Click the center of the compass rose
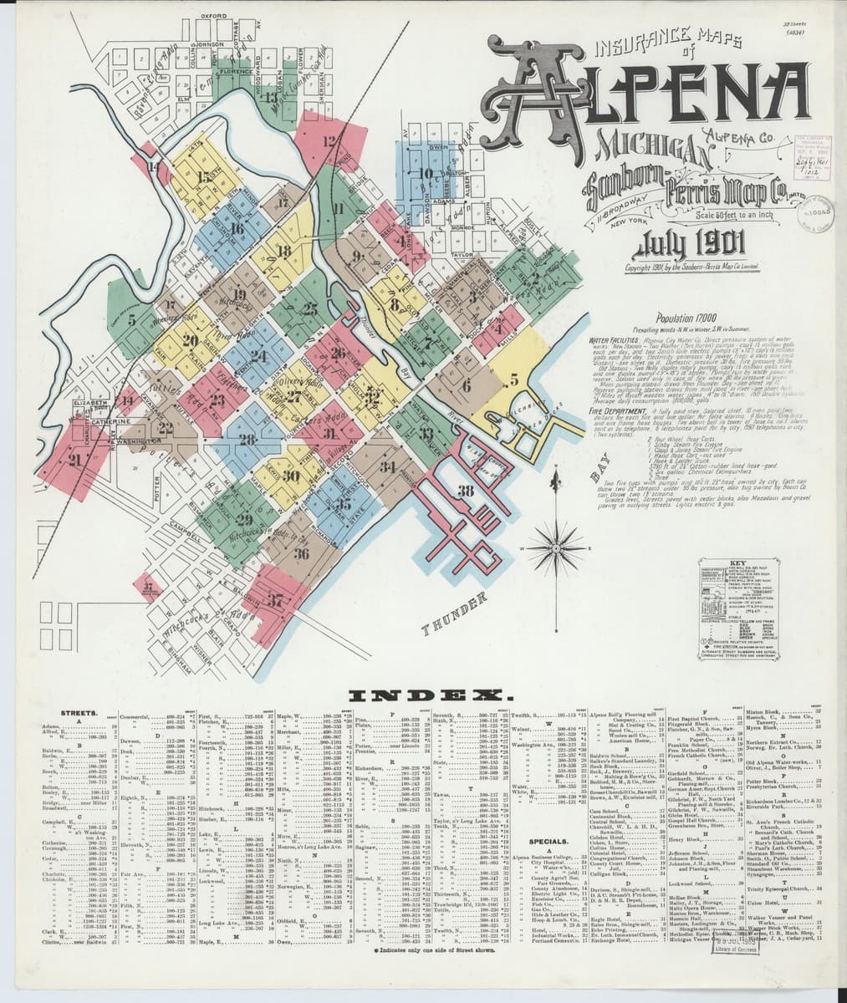coord(555,547)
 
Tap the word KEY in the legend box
coord(737,563)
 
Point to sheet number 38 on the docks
coord(467,491)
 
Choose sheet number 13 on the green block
coord(270,97)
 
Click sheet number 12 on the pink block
coord(329,142)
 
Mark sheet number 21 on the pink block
coord(77,459)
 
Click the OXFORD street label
coord(214,15)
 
